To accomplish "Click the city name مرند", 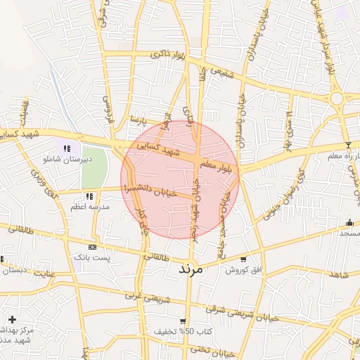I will pos(191,269).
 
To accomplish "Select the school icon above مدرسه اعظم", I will pos(89,196).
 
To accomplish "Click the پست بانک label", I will pos(92,258).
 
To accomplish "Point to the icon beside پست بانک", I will pos(92,247).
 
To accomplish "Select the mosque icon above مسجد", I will pos(349,222).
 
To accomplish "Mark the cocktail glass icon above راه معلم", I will pos(347,145).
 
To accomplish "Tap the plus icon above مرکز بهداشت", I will pos(12,319).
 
